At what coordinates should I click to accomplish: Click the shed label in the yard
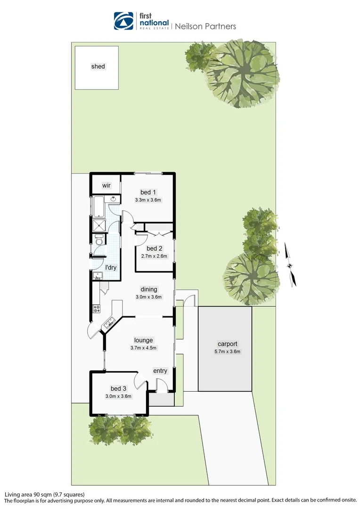[98, 66]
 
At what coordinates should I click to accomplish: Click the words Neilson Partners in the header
[205, 26]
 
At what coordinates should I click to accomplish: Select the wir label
[106, 185]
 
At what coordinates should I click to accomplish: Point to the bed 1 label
[148, 192]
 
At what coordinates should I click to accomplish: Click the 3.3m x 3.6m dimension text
[148, 200]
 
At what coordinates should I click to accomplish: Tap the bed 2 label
[154, 248]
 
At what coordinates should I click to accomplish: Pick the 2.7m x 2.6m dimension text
[154, 256]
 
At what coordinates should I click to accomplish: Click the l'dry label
[111, 268]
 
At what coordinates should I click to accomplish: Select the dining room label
[149, 289]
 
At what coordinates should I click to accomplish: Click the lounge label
[143, 340]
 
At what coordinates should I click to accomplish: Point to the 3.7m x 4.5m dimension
[143, 348]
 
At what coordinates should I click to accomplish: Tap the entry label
[160, 371]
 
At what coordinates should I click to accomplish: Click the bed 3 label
[118, 388]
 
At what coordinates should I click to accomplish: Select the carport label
[227, 344]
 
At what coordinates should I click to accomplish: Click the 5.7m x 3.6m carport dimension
[227, 352]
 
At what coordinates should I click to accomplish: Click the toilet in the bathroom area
[98, 242]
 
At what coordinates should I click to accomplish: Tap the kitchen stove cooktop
[97, 309]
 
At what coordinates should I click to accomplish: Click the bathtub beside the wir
[98, 207]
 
